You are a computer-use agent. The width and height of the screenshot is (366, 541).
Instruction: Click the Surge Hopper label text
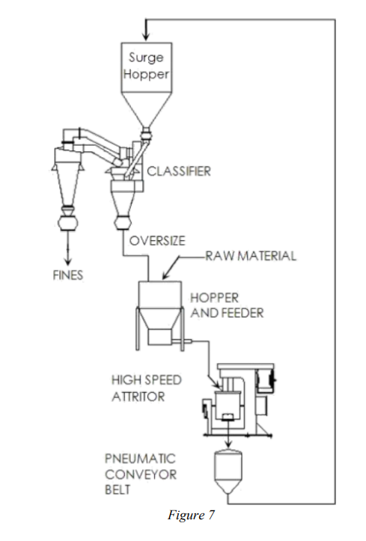146,66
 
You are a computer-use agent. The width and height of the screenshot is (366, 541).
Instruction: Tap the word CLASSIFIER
179,171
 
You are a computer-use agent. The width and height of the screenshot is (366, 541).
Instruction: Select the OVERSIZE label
157,240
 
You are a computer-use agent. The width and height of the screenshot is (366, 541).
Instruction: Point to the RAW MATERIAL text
251,256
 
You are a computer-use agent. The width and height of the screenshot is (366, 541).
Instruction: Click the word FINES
68,275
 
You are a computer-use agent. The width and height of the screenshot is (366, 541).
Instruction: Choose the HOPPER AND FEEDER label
227,305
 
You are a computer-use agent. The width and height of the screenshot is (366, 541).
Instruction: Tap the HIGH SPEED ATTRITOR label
146,388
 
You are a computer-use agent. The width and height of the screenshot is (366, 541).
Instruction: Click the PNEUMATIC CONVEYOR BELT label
141,474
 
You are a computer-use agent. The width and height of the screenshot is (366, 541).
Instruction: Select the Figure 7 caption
191,515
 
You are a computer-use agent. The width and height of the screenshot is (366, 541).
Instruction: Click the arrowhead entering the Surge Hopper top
146,37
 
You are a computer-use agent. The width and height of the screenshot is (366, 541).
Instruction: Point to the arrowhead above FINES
68,261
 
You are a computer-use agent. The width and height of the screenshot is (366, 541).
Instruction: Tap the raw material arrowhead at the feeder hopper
165,275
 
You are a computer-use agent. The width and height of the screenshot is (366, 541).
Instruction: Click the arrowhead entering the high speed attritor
217,384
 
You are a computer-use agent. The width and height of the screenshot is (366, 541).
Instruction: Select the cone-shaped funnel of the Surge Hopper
146,109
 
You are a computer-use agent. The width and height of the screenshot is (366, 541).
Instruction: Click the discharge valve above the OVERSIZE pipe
123,221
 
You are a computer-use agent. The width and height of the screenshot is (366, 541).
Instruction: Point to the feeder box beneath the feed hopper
159,337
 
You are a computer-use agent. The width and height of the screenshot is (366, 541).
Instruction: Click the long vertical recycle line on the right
335,262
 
